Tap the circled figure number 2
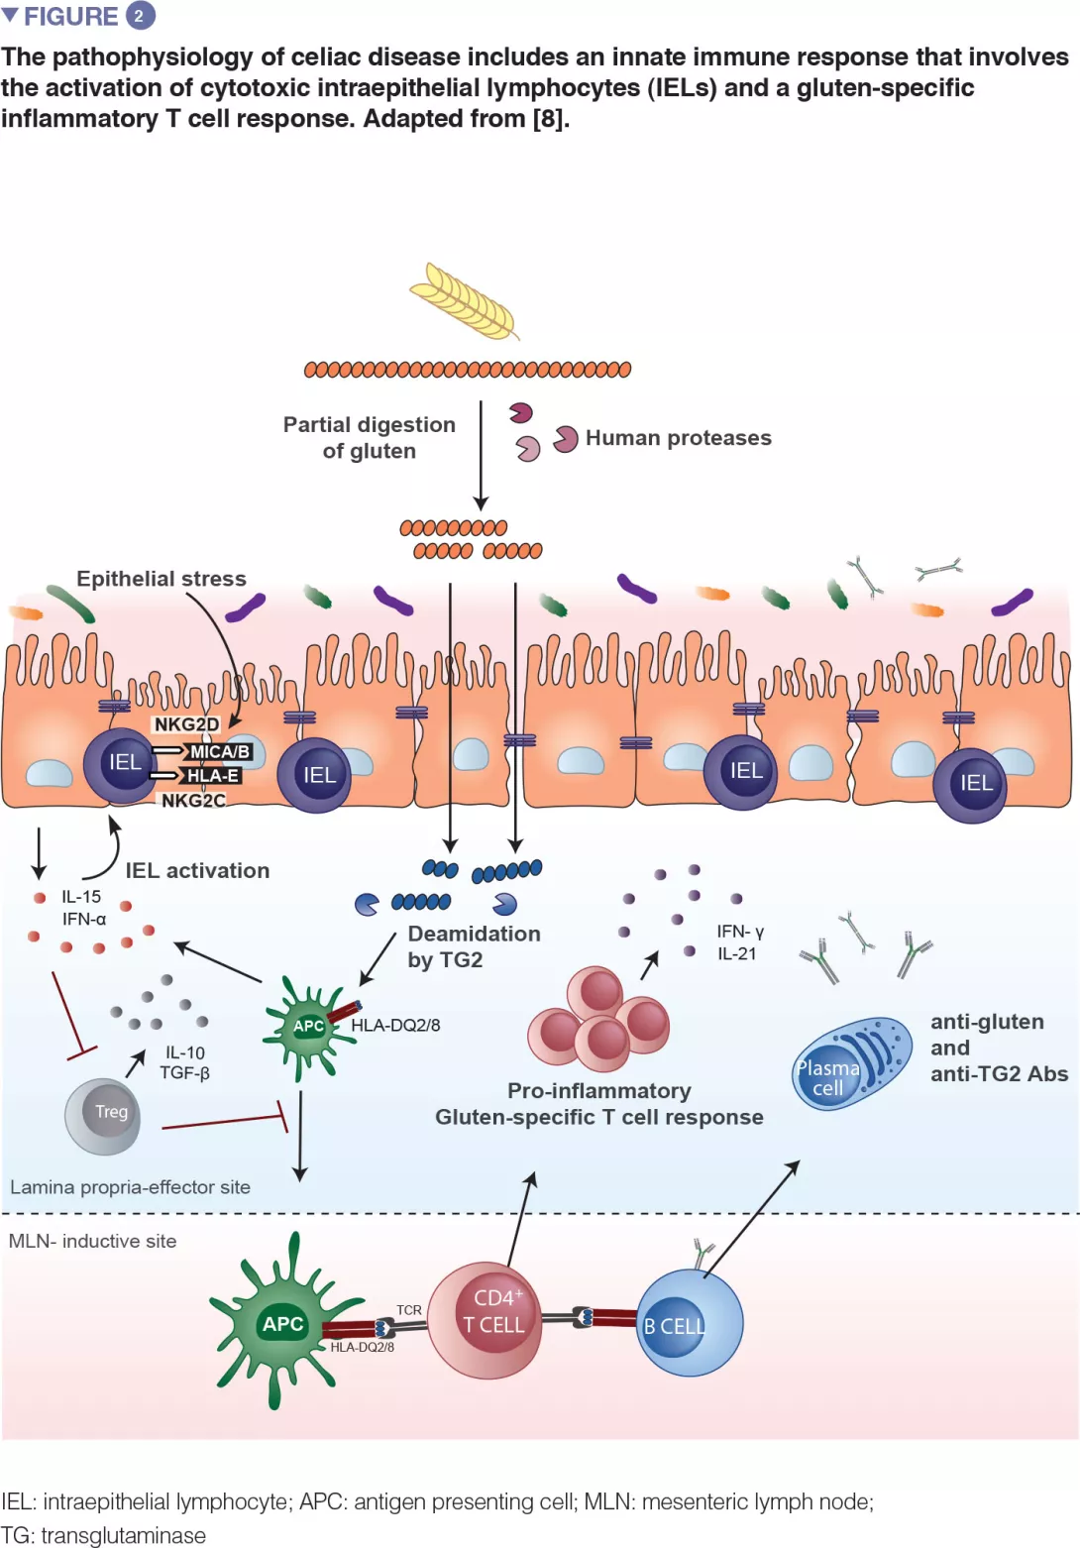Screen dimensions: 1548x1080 (139, 16)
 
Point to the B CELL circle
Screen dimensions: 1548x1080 (689, 1324)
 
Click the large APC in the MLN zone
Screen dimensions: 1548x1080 (282, 1323)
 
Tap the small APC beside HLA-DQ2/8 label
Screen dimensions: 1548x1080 (306, 1026)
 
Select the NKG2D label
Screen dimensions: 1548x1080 (186, 724)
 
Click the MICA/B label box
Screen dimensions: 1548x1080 (219, 752)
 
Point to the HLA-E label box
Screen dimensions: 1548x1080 (212, 776)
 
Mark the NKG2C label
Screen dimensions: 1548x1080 (193, 800)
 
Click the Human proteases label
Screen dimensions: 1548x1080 (678, 438)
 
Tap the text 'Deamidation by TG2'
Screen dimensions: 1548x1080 (474, 946)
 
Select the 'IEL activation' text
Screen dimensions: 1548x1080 (197, 870)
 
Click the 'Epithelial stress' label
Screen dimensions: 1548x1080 (162, 579)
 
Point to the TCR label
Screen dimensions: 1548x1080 (409, 1310)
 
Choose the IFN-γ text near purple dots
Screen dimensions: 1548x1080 (740, 932)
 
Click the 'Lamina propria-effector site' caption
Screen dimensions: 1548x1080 (130, 1187)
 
